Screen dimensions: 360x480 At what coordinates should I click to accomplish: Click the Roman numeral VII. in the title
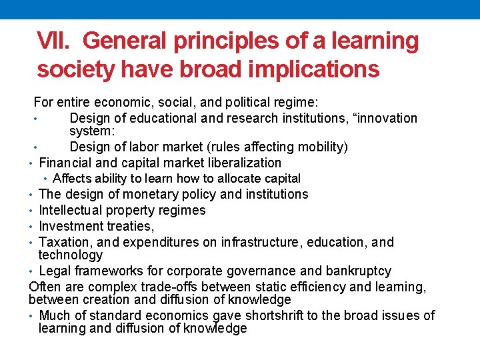(56, 41)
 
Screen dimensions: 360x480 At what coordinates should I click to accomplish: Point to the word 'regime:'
(297, 102)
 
